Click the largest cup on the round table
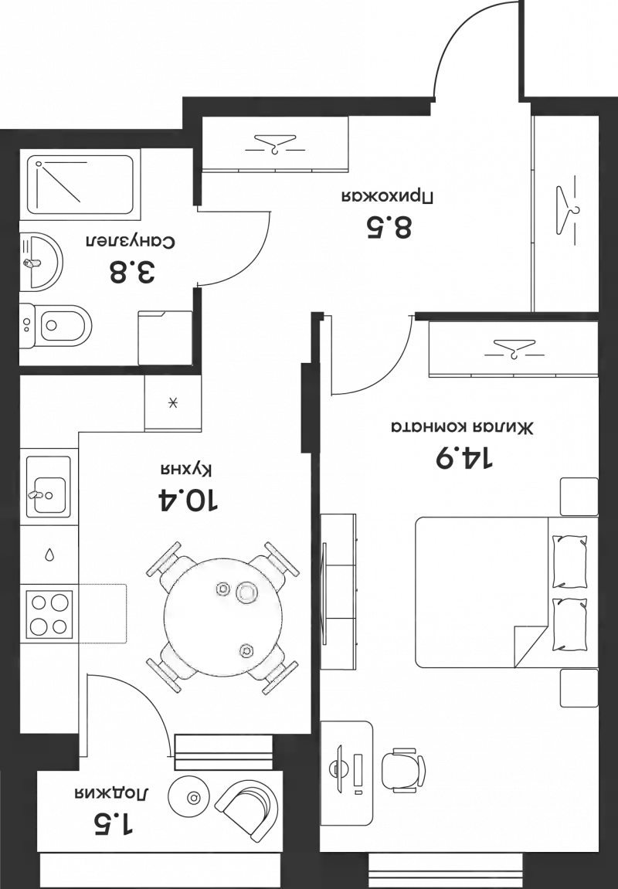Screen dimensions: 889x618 point(246,592)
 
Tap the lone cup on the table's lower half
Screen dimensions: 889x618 point(246,650)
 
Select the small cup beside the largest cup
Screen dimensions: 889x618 point(223,589)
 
